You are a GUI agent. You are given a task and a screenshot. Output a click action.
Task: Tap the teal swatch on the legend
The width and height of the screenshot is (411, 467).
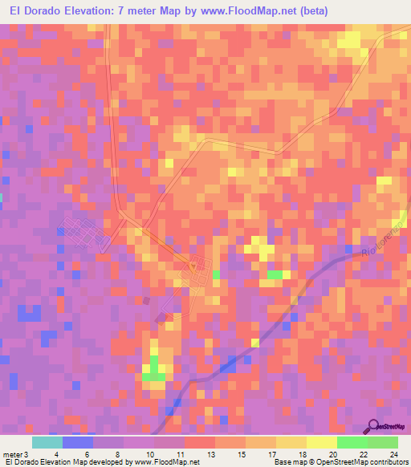coord(47,442)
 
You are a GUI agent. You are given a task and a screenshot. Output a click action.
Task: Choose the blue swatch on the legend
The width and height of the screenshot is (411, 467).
coord(78,442)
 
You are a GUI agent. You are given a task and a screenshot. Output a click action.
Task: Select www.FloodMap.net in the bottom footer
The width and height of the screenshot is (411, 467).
coord(173,462)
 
